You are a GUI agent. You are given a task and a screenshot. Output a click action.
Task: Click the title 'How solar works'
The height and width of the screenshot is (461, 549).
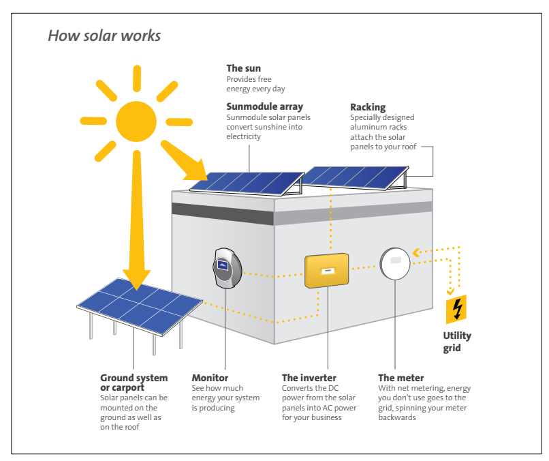[104, 35]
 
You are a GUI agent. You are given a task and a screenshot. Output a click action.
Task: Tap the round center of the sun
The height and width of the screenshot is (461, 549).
[136, 121]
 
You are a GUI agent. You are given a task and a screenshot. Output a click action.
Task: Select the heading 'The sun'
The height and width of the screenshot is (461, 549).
[243, 68]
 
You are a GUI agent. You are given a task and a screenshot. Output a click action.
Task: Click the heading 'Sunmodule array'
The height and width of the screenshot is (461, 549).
[265, 106]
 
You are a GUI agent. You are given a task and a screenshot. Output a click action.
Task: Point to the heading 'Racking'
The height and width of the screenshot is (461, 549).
[368, 107]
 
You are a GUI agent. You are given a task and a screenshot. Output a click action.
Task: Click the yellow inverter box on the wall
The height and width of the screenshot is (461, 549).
[327, 271]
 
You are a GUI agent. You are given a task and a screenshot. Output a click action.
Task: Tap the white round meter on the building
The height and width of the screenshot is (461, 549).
[395, 263]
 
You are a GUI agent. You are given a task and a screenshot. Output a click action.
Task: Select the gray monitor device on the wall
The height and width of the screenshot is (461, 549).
[228, 268]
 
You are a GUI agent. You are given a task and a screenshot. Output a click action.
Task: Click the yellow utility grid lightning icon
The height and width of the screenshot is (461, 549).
[456, 309]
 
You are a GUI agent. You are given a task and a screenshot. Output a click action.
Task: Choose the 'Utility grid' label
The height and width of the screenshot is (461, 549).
[457, 342]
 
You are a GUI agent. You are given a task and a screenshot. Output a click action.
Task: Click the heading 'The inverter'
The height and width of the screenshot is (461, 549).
[309, 378]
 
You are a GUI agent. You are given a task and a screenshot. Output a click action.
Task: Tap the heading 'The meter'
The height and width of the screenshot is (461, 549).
[401, 378]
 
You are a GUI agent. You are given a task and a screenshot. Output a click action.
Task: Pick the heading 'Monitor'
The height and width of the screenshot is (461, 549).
[210, 378]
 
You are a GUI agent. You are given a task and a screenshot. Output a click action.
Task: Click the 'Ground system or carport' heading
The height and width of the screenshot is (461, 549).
[134, 383]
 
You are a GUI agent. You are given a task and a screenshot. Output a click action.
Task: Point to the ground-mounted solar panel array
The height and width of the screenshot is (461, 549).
[140, 307]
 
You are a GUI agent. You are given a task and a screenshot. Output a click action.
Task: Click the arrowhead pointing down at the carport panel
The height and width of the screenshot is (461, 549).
[136, 280]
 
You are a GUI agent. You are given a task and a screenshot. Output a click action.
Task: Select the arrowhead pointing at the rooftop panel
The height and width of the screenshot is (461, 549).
[197, 171]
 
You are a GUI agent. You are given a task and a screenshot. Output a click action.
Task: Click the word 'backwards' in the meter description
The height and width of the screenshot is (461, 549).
[397, 417]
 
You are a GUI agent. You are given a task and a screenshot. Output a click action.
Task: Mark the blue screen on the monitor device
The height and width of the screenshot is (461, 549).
[223, 265]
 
